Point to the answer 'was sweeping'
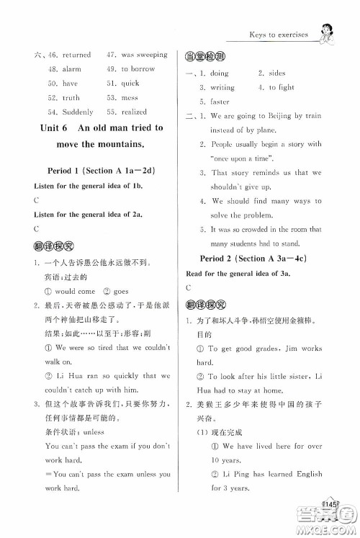144,55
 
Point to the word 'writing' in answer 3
222,88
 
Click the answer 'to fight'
282,88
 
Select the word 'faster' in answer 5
220,102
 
